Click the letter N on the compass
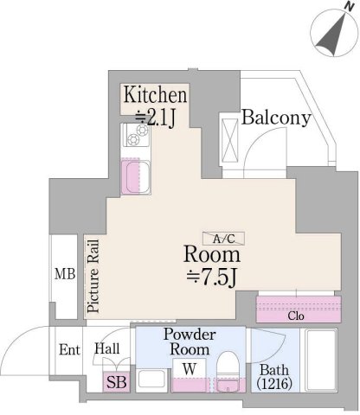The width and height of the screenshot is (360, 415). coord(350,6)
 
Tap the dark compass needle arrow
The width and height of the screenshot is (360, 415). coord(331,36)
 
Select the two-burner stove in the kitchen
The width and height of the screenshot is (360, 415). coord(137,135)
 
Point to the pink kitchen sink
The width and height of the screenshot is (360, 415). coord(136,176)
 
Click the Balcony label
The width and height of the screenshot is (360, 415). coord(276,118)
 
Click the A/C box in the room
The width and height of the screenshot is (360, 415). coord(223,239)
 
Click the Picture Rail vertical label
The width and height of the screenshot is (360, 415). coord(93,276)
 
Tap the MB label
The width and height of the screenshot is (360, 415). coord(65,274)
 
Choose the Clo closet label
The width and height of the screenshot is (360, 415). coord(296,316)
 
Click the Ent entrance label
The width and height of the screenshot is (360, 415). coord(69,349)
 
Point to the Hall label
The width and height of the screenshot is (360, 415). coord(107,348)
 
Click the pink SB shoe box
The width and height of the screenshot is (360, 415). coord(117,381)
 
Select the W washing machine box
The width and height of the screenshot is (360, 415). coord(190,375)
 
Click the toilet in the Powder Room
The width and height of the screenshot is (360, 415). coord(228,372)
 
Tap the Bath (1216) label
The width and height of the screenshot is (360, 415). coord(274,376)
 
